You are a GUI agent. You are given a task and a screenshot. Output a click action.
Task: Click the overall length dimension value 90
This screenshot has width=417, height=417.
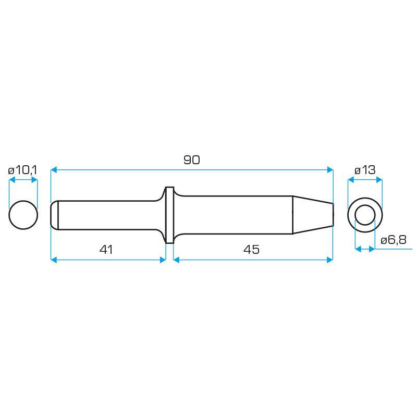[x=191, y=160]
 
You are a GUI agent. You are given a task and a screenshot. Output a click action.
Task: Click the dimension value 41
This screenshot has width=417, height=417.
[x=106, y=250]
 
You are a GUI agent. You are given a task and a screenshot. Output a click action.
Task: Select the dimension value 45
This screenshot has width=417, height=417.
[x=251, y=250]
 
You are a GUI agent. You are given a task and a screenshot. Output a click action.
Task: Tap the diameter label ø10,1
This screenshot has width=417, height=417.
[x=22, y=170]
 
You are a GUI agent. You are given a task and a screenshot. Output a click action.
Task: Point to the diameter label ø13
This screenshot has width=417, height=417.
[x=365, y=170]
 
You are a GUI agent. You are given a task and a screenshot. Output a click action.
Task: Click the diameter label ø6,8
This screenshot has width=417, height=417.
[x=394, y=240]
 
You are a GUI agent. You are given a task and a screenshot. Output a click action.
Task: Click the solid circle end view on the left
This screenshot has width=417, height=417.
[x=23, y=214]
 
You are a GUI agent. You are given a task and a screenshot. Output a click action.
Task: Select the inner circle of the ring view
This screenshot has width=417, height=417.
[x=365, y=214]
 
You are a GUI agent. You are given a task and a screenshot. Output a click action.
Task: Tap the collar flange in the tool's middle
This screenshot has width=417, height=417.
[x=169, y=215]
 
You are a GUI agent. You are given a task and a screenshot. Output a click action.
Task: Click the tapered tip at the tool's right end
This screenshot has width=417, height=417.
[x=313, y=214]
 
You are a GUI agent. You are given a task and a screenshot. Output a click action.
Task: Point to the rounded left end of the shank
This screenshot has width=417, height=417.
[x=54, y=214]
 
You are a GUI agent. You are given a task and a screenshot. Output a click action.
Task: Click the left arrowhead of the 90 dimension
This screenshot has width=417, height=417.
[x=54, y=170]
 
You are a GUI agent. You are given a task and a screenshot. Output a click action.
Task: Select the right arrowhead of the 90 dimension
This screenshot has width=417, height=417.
[x=329, y=170]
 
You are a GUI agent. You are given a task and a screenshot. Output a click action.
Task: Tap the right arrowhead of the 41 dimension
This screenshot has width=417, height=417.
[x=163, y=259]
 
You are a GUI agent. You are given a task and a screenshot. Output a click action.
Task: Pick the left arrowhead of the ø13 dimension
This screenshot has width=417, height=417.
[x=351, y=180]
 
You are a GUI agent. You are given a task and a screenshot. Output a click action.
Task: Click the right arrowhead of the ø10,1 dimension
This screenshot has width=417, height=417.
[x=34, y=180]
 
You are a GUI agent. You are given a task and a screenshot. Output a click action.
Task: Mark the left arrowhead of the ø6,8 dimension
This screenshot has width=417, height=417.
[x=358, y=249]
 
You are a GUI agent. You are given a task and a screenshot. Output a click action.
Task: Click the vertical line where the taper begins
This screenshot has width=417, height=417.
[x=292, y=214]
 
